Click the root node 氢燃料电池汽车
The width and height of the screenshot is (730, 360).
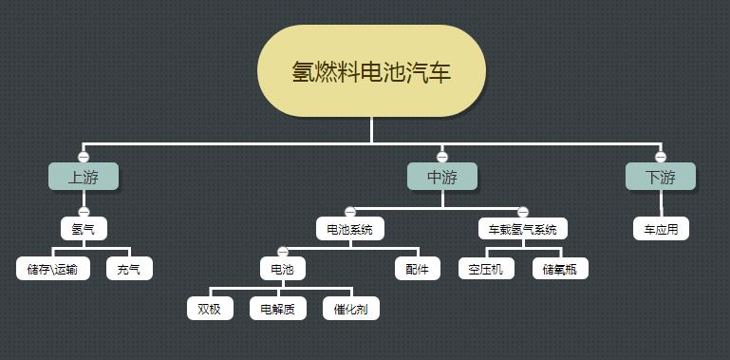[371, 71]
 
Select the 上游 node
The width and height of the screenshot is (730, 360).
[84, 177]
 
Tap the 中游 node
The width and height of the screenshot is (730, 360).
[441, 177]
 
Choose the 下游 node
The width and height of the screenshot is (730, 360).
[660, 177]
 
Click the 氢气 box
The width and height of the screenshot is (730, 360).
[84, 229]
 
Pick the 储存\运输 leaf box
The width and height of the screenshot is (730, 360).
[53, 269]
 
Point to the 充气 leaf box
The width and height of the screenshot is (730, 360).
[129, 269]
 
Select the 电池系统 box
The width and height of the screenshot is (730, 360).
[350, 229]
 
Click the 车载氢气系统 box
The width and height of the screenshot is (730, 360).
[522, 229]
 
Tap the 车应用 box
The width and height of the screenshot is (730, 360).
[661, 229]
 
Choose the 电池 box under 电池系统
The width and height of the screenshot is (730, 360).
[283, 269]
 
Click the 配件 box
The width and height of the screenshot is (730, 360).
[418, 269]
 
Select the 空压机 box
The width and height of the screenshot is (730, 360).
[485, 269]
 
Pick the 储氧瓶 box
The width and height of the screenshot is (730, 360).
[560, 269]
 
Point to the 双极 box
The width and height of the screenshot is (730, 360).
[210, 309]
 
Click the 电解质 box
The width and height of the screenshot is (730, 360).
[278, 309]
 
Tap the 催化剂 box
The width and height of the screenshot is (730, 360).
[351, 309]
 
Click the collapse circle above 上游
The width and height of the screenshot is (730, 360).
[84, 157]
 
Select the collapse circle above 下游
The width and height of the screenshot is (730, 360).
[661, 157]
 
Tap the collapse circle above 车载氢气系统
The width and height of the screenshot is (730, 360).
[522, 212]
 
